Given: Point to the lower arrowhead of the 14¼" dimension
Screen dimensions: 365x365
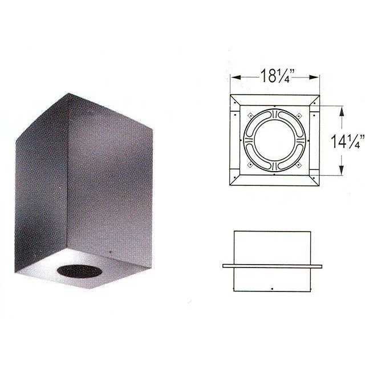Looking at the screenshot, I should pyautogui.click(x=341, y=169).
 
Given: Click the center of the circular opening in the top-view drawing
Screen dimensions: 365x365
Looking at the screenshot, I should pyautogui.click(x=275, y=139).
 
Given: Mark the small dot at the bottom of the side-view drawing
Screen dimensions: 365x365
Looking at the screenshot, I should pyautogui.click(x=274, y=287).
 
